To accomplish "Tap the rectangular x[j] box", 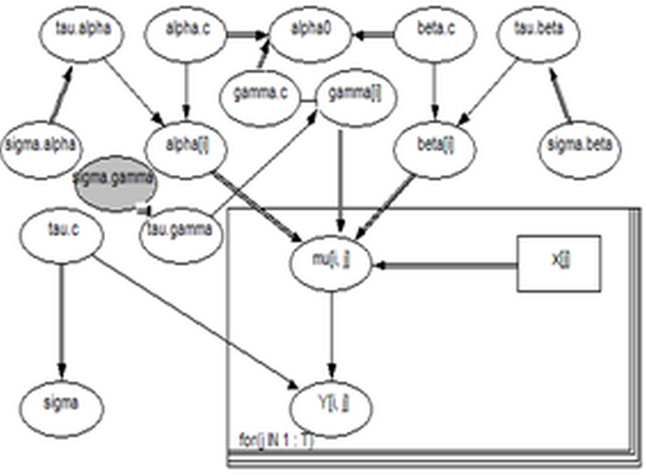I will (x=559, y=264).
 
